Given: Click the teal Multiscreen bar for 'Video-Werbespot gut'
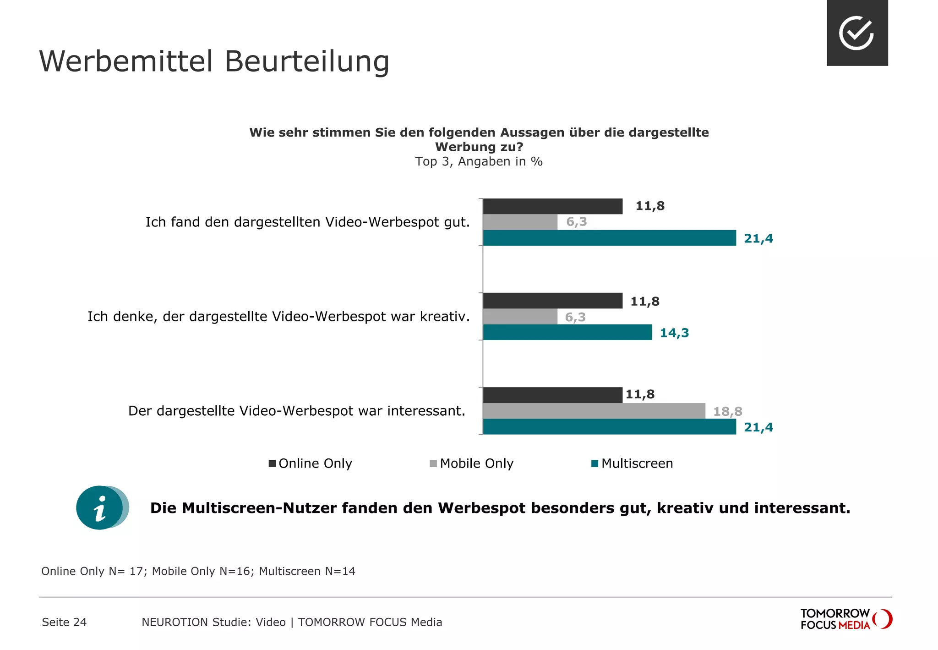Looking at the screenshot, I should click(x=609, y=238).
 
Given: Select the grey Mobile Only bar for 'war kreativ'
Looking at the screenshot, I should click(x=520, y=316).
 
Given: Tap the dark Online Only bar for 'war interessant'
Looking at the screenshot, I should click(x=552, y=395).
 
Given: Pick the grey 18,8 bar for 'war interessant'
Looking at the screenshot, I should click(x=594, y=411).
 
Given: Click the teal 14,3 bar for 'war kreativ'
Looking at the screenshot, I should click(x=567, y=332).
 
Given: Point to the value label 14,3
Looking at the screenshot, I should click(x=674, y=333).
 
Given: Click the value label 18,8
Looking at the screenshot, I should click(x=727, y=411).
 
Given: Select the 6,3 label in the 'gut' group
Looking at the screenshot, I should click(x=576, y=222).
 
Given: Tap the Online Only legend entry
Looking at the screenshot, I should click(x=311, y=463).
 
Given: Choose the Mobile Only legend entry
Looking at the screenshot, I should click(x=472, y=463).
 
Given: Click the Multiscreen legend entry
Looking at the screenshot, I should click(x=632, y=463).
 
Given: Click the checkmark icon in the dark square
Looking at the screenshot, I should click(x=857, y=33).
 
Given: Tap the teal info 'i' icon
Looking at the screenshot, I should click(x=100, y=508).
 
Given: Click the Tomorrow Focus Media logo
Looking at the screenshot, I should click(x=845, y=619).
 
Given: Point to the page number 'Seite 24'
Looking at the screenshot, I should click(x=64, y=622).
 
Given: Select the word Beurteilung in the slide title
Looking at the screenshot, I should click(x=307, y=61).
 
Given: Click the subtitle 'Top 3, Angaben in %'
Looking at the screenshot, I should click(x=479, y=161).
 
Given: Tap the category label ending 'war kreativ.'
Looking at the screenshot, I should click(x=278, y=316).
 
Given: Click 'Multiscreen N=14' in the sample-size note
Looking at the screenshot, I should click(x=307, y=571).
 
